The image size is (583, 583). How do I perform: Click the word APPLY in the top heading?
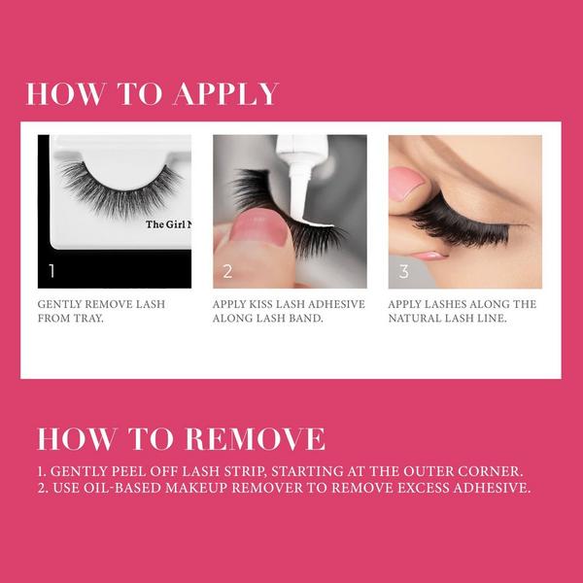coord(226,93)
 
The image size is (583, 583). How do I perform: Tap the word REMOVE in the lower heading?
coord(255,439)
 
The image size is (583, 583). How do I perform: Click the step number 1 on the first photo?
coord(52,271)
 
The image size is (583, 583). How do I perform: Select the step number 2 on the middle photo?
coord(227,271)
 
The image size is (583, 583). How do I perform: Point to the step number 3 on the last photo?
coord(404,271)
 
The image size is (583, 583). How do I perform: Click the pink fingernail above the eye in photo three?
coord(405,183)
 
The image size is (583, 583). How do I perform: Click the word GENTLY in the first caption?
coord(59,304)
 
